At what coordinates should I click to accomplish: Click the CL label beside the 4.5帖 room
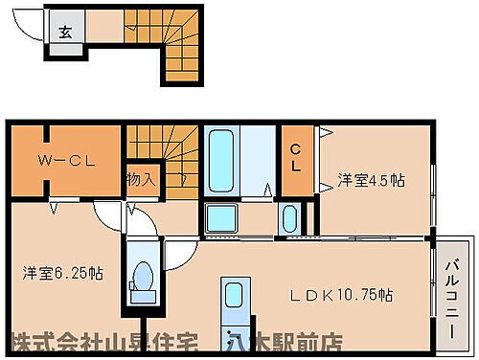pyautogui.click(x=296, y=156)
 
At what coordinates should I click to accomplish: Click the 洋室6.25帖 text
pyautogui.click(x=58, y=271)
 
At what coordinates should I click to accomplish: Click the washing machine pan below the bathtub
pyautogui.click(x=221, y=219)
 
